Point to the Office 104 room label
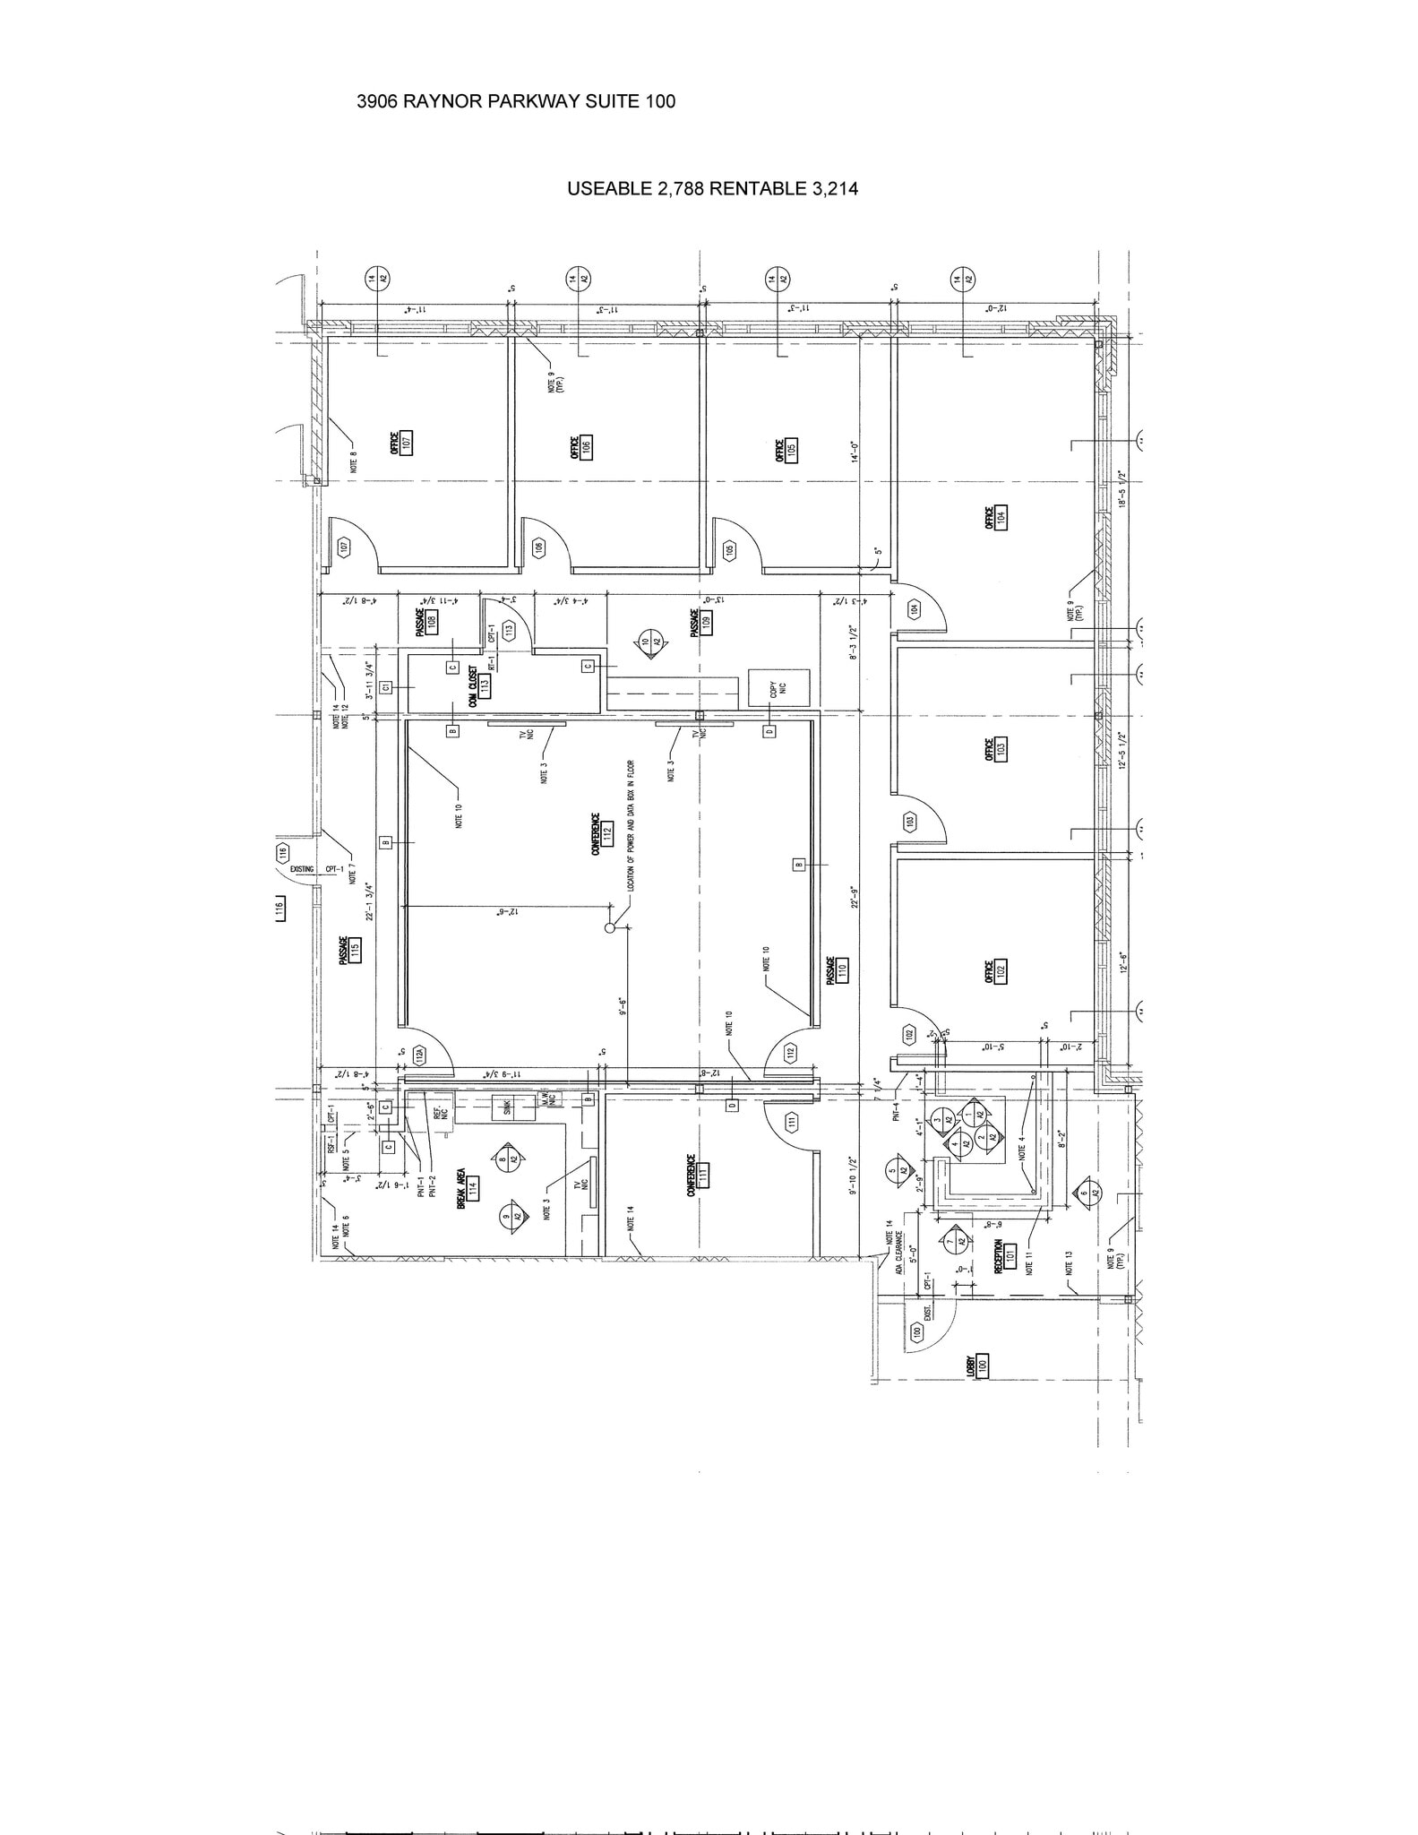tap(995, 517)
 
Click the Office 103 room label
tap(995, 749)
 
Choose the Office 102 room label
tap(995, 970)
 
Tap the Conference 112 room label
tap(601, 833)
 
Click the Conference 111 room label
tap(698, 1171)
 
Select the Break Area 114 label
tap(467, 1187)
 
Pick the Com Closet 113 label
tap(478, 688)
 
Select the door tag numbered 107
tap(342, 547)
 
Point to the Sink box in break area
tap(507, 1107)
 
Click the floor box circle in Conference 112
tap(610, 927)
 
